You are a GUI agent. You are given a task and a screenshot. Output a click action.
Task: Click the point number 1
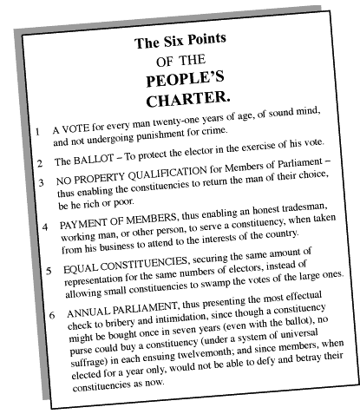[36, 132]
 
